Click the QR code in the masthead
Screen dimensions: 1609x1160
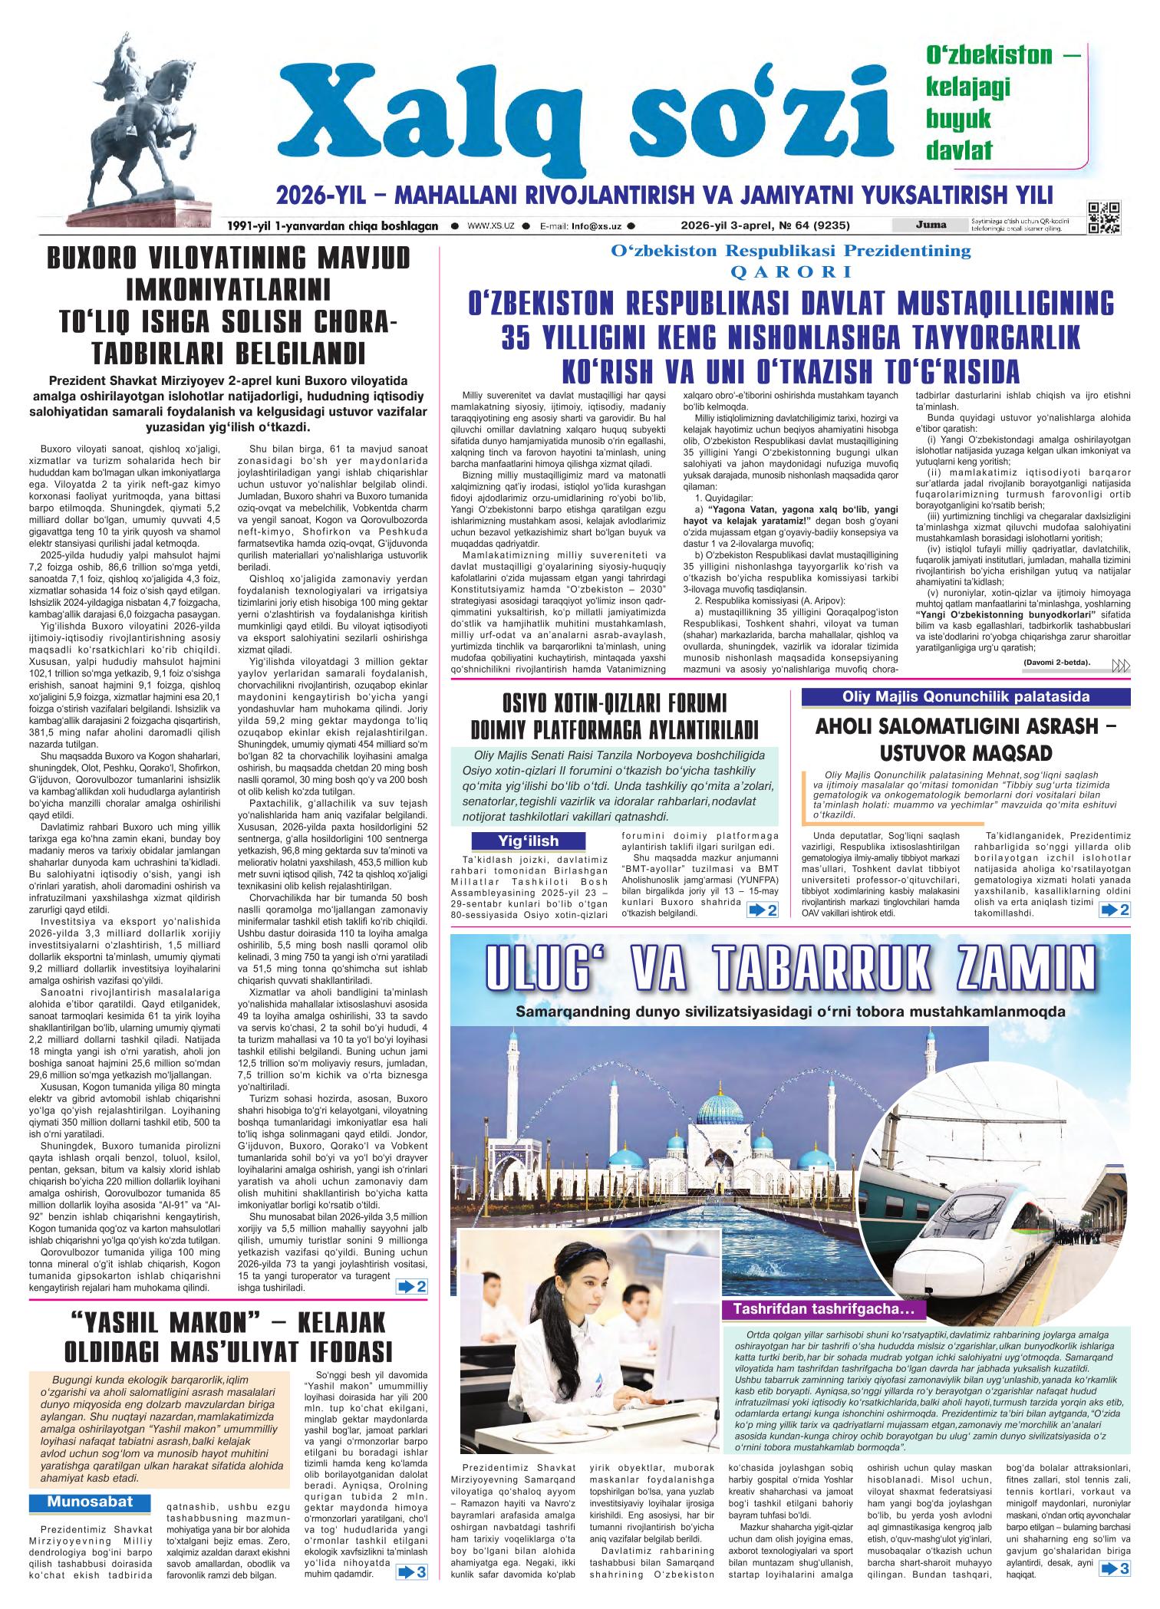pyautogui.click(x=1103, y=217)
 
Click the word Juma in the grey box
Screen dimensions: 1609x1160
pyautogui.click(x=929, y=225)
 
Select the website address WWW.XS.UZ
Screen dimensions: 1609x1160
pyautogui.click(x=489, y=226)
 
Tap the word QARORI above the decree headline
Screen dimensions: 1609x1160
pyautogui.click(x=791, y=271)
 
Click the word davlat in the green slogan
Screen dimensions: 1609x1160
pyautogui.click(x=959, y=150)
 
